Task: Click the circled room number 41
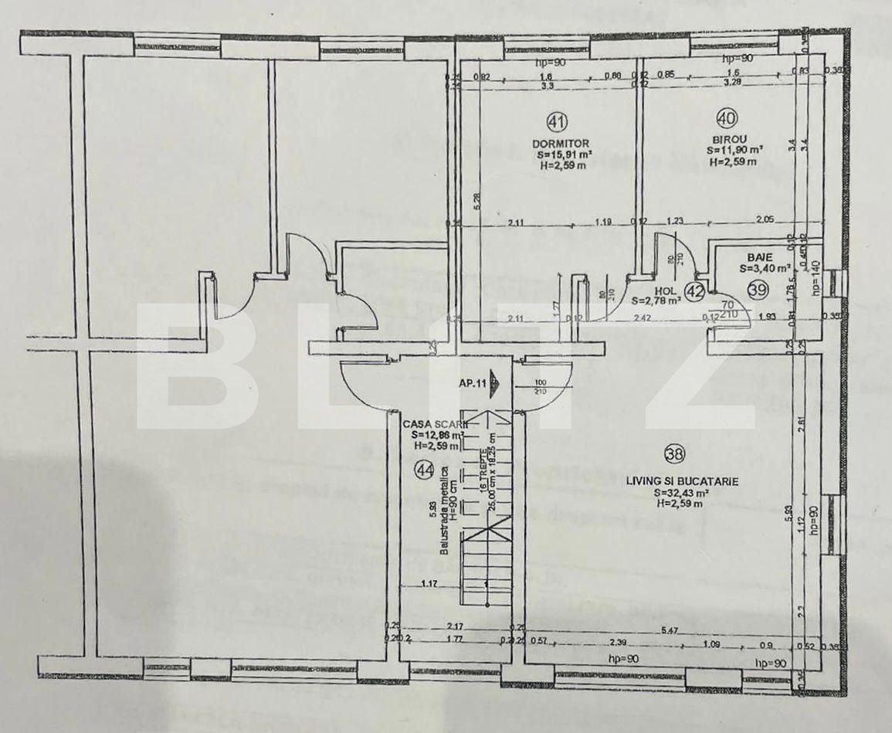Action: [x=557, y=121]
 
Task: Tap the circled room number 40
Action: [x=726, y=118]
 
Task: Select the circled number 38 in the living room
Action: [x=673, y=453]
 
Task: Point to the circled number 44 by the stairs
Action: [x=423, y=470]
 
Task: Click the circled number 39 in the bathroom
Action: [x=758, y=290]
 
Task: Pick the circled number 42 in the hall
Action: [x=695, y=291]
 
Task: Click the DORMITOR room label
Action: [x=561, y=144]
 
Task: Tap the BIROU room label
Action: [x=726, y=141]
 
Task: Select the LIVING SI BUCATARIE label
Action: [x=682, y=481]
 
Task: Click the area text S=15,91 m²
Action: [x=561, y=154]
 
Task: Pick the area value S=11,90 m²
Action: [x=735, y=151]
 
